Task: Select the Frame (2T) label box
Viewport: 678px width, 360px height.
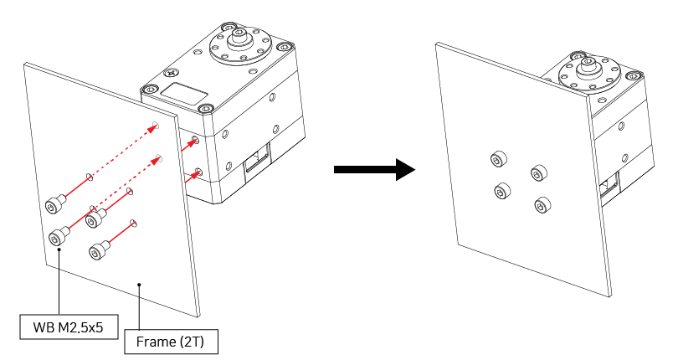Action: [170, 342]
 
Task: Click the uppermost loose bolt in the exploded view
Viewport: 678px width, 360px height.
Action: [54, 203]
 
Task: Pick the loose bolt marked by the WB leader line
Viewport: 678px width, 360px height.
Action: [59, 234]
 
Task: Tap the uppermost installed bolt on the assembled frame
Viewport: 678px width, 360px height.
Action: [500, 159]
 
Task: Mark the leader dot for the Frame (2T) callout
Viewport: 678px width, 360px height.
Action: [139, 285]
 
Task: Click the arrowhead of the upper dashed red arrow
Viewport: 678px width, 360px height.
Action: [156, 126]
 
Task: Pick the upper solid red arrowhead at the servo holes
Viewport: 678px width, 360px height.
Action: [194, 140]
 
